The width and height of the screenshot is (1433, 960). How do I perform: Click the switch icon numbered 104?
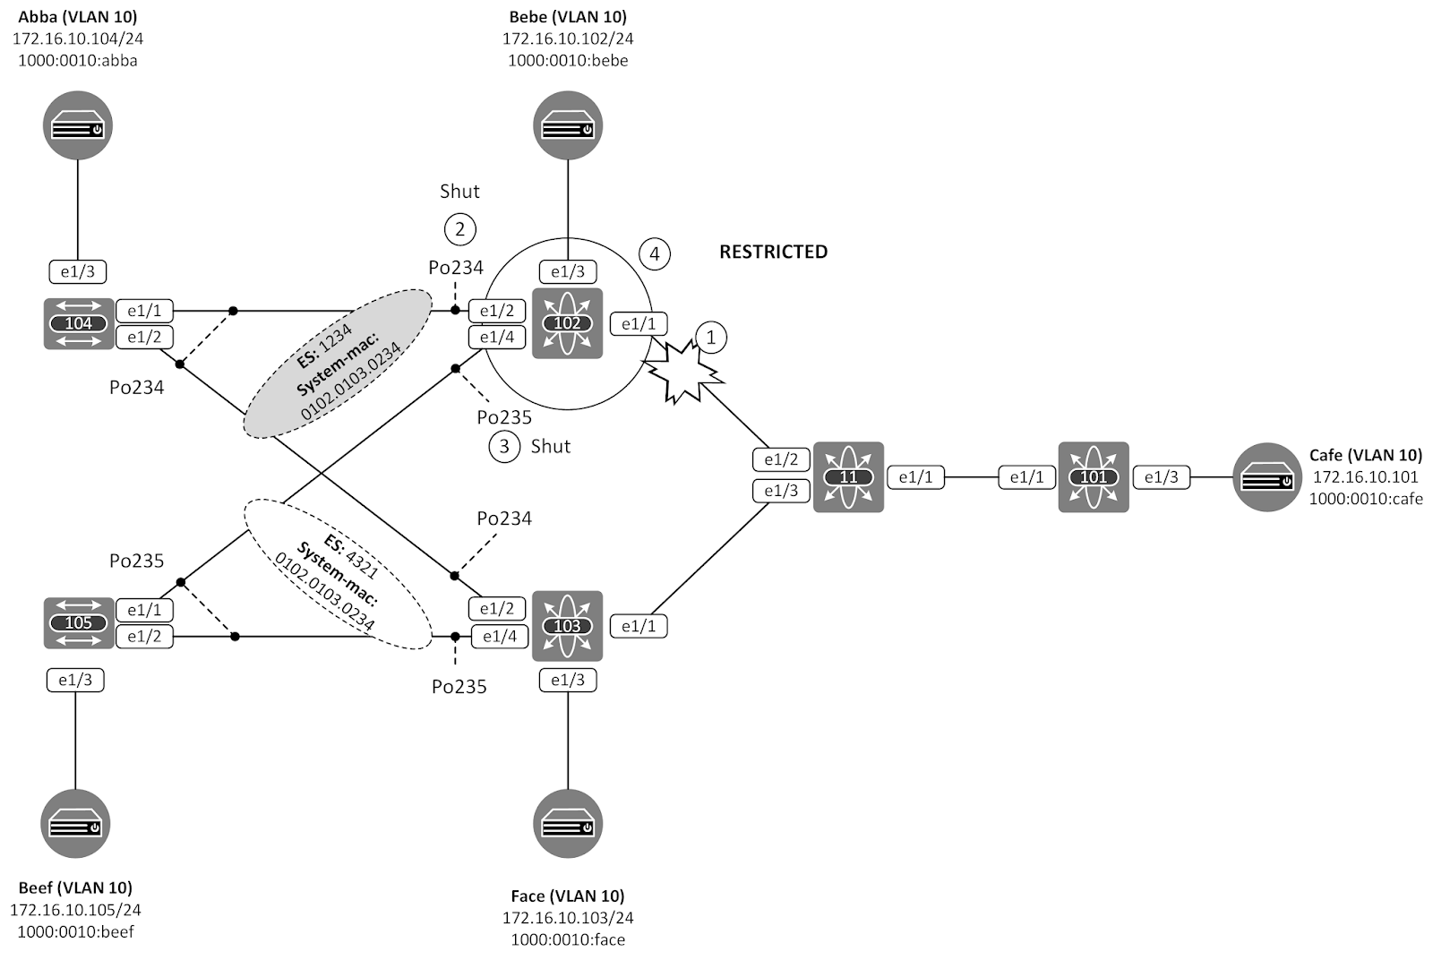79,323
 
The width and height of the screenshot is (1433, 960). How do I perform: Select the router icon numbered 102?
567,323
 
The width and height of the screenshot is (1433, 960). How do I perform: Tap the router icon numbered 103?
567,626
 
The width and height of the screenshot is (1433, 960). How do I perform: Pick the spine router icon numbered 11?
848,476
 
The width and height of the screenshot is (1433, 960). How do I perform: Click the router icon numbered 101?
1093,476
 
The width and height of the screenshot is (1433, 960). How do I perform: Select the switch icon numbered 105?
79,622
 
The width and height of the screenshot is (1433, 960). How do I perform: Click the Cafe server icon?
1267,476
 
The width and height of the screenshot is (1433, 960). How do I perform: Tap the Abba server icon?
78,125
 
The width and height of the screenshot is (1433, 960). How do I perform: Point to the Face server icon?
568,823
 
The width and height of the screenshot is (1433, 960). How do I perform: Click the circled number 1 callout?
711,338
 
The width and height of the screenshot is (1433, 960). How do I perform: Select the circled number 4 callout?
655,254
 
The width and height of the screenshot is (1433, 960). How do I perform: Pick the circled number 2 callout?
459,229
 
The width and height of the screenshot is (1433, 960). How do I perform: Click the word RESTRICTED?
773,252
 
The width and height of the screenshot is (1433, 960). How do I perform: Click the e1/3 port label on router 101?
1161,477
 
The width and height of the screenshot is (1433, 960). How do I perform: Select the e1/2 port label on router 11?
781,459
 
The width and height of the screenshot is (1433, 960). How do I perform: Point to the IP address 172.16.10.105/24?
75,910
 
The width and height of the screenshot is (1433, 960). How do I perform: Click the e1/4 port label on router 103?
499,637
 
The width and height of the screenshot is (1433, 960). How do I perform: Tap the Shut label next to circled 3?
550,446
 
